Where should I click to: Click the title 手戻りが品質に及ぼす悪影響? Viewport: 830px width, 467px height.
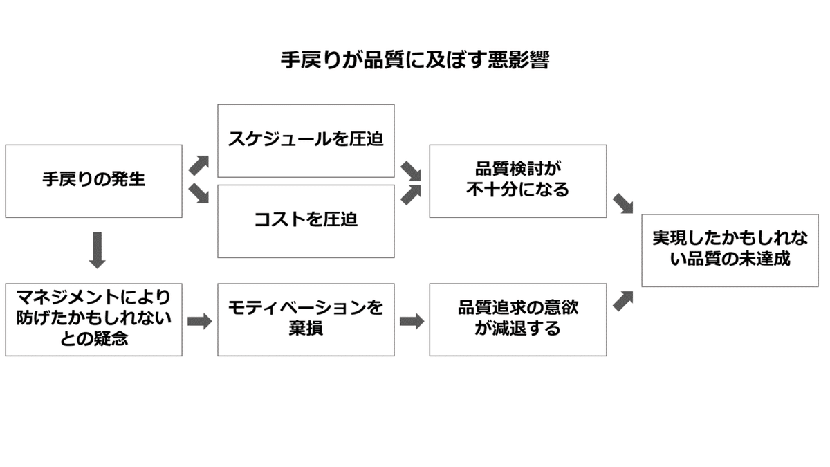[x=414, y=59]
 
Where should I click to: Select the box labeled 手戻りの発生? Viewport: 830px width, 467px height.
[x=93, y=181]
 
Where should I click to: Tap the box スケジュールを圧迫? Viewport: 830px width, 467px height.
[x=306, y=140]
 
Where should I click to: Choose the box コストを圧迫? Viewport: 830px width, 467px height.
[x=306, y=221]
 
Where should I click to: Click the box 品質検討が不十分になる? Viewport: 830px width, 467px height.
[x=517, y=181]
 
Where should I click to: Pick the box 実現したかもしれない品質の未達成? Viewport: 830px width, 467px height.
[x=730, y=249]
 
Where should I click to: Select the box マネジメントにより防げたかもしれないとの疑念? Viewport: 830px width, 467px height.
[x=93, y=319]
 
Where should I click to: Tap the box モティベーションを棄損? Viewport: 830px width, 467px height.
[x=306, y=319]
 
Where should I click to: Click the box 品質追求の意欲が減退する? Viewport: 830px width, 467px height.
[x=517, y=319]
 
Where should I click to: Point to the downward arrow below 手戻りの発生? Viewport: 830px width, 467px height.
[x=98, y=250]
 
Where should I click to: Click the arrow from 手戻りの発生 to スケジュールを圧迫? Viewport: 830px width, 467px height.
[x=199, y=165]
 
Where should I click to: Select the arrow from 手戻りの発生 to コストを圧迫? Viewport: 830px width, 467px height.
[x=199, y=194]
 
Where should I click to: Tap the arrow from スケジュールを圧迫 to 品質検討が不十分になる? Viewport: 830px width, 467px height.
[x=412, y=169]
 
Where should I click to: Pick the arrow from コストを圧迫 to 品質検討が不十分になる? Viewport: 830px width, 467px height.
[x=412, y=194]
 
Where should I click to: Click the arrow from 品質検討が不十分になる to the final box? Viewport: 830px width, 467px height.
[x=623, y=203]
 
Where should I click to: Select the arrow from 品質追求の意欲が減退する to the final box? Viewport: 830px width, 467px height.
[x=623, y=300]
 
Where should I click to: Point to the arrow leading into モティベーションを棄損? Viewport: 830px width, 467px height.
[x=199, y=322]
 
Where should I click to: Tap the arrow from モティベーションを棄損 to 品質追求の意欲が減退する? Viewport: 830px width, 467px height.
[x=412, y=322]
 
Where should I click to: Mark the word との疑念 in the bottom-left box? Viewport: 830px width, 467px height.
[x=93, y=339]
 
